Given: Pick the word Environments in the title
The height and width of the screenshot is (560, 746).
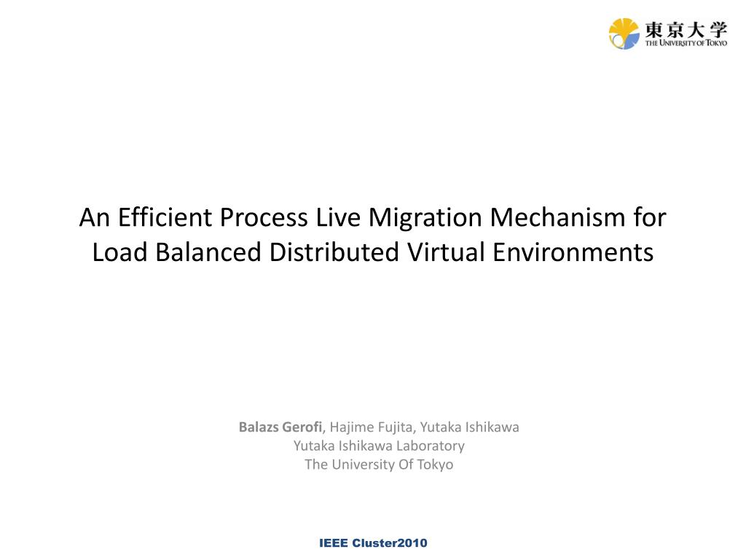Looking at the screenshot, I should coord(573,252).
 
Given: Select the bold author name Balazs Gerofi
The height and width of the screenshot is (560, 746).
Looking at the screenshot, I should coord(280,427).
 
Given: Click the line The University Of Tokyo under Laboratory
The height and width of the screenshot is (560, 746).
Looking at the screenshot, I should coord(379,464).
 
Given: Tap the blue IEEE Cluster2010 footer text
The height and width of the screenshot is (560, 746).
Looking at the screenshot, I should coord(373,543).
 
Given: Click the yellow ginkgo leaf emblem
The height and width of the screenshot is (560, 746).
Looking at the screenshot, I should coord(624,34).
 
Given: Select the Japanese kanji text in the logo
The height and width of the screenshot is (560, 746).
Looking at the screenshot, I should coord(685,29).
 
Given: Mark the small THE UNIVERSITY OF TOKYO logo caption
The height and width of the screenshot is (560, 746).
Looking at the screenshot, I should coord(686,44).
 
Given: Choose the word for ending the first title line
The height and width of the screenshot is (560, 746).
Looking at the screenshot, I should coord(651,217).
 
